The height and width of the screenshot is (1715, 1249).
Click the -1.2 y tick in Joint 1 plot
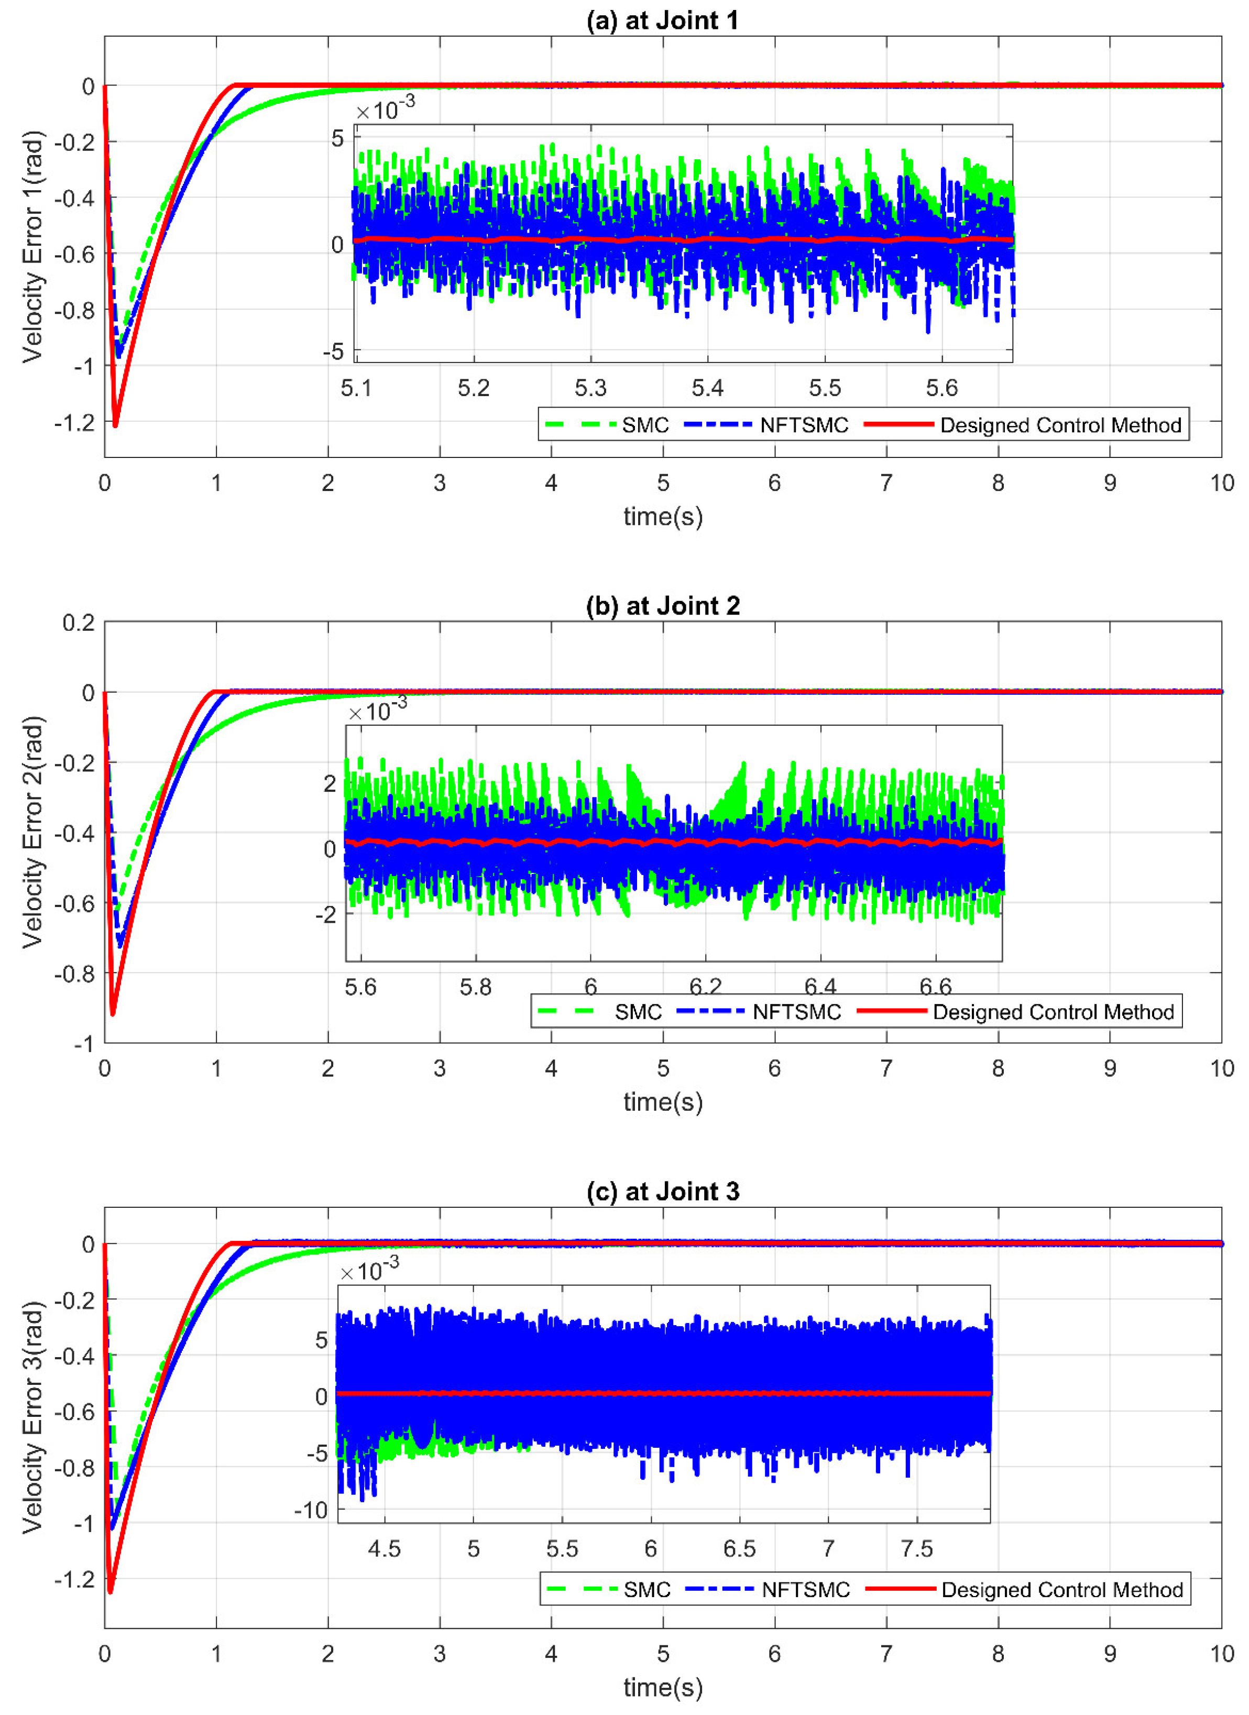(75, 422)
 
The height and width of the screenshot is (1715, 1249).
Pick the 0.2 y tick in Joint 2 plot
(79, 622)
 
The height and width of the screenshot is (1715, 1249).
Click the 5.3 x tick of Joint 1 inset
(590, 389)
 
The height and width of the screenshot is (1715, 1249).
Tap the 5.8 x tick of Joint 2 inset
(476, 988)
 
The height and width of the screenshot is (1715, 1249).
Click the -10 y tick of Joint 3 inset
(311, 1510)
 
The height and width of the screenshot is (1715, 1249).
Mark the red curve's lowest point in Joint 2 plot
(113, 1014)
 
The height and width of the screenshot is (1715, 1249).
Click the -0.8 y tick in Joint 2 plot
(75, 974)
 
